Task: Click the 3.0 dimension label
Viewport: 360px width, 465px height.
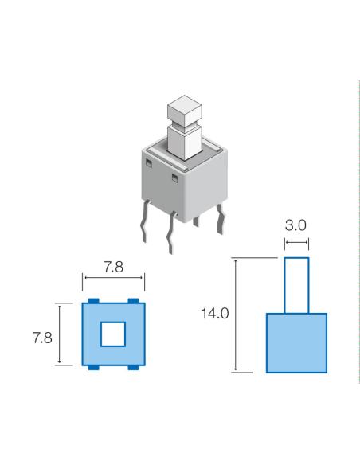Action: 296,225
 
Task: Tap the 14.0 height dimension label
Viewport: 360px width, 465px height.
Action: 215,315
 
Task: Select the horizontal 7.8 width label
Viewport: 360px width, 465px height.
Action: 114,268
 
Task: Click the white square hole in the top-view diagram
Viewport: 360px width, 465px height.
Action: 113,334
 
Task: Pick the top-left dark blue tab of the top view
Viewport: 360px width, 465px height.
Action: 93,299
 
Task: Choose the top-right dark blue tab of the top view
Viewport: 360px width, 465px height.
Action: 133,299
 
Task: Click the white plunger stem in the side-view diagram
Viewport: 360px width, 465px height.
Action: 296,284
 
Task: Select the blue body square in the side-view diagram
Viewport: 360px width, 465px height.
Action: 296,342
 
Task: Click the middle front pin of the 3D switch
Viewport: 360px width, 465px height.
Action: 170,235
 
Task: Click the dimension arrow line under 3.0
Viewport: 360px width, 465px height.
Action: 296,242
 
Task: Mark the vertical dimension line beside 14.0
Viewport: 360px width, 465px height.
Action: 237,315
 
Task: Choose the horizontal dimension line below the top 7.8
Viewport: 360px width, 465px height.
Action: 114,279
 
